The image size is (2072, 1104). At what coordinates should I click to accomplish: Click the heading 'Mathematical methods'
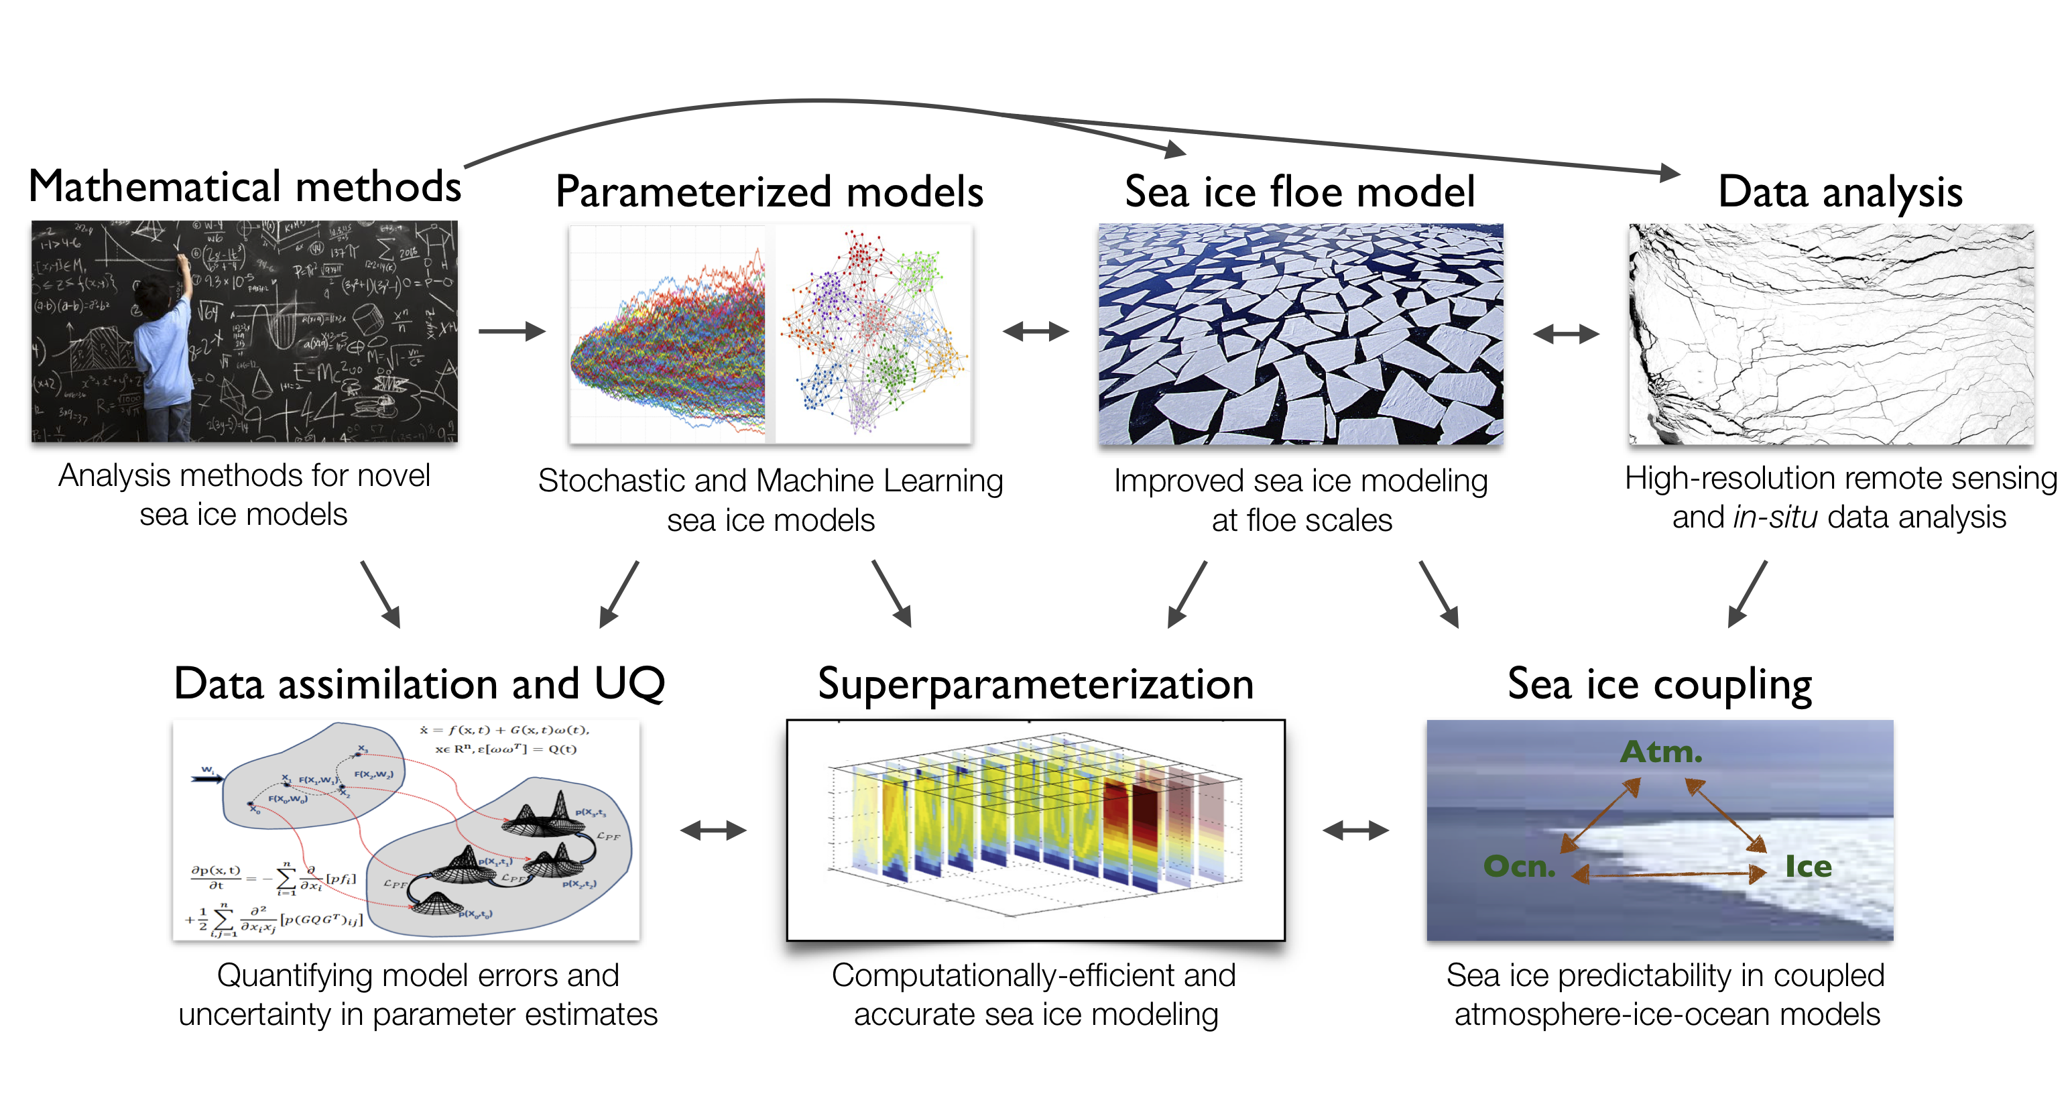[x=245, y=186]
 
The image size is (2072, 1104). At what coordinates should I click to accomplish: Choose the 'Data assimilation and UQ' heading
[x=419, y=684]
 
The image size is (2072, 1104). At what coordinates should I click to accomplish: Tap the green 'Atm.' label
[x=1661, y=752]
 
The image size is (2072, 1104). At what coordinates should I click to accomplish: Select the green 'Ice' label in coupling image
[x=1807, y=866]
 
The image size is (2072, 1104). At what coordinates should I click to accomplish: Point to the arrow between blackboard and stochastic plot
[x=511, y=330]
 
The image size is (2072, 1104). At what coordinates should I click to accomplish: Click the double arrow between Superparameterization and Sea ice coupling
[x=1355, y=830]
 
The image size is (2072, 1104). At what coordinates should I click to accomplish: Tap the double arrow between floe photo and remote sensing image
[x=1565, y=333]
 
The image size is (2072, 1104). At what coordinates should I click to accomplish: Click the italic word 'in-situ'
[x=1774, y=517]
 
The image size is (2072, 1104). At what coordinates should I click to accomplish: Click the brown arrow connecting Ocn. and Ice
[x=1669, y=874]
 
